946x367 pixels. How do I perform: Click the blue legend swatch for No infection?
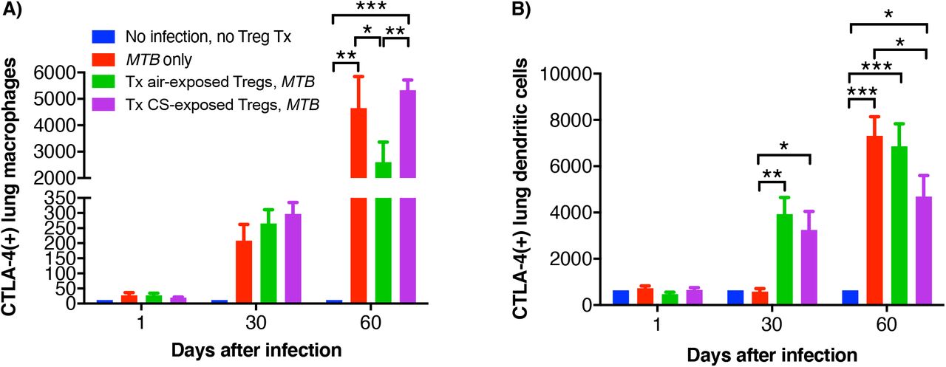[101, 35]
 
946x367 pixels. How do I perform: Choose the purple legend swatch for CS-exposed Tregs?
[101, 105]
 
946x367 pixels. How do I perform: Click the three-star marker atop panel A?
[370, 6]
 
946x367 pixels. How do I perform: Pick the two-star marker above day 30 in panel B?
[772, 174]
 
